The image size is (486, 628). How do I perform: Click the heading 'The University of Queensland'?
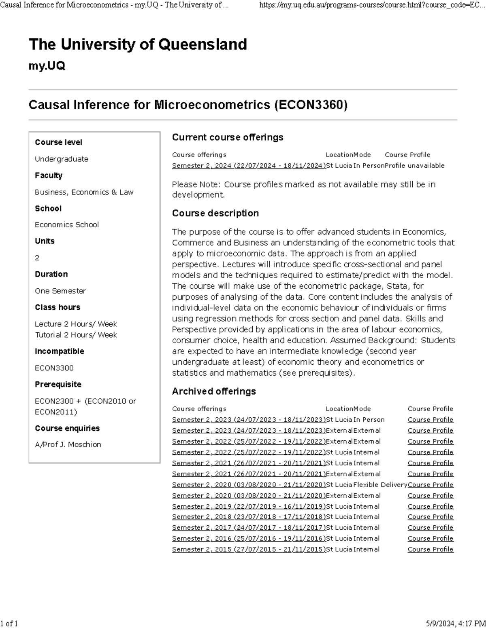tap(138, 44)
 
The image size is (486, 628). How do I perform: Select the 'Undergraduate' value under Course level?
tap(62, 159)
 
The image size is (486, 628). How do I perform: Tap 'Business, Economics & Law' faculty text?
tap(84, 192)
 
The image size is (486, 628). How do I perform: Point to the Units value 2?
tap(37, 258)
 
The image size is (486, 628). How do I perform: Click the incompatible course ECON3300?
tap(54, 368)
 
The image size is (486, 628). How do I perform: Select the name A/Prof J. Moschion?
tap(68, 444)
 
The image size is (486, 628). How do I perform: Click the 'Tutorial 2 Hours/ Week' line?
tap(76, 335)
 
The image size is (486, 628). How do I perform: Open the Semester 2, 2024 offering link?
tap(249, 166)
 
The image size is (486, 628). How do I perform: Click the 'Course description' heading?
tap(215, 213)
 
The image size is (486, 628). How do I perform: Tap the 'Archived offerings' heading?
tap(214, 391)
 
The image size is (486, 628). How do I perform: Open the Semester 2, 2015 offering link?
tap(249, 550)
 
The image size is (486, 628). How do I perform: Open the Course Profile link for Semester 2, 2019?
tap(431, 506)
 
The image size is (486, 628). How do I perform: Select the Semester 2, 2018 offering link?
tap(249, 517)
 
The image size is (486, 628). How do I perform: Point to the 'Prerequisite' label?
tap(58, 384)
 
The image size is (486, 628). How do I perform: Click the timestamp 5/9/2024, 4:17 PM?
tap(456, 623)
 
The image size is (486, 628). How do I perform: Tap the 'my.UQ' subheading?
tap(47, 66)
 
